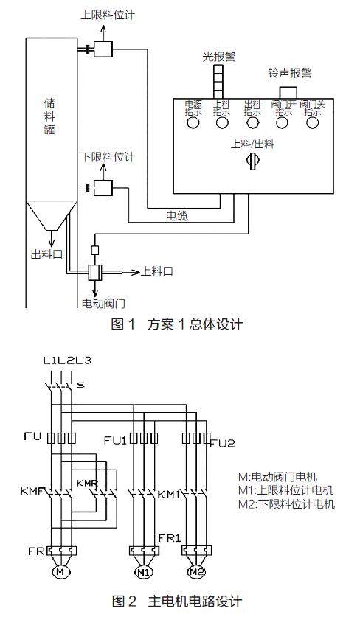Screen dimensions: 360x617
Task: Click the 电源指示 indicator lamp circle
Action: coord(193,123)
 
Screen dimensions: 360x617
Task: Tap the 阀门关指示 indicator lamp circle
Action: coord(312,123)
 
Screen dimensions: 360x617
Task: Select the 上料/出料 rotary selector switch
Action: coord(252,161)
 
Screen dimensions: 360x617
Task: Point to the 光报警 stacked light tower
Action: coord(218,81)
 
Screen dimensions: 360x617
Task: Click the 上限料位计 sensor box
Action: coord(103,49)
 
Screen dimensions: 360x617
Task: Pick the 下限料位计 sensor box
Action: coord(103,188)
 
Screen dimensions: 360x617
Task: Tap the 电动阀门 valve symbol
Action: coord(94,272)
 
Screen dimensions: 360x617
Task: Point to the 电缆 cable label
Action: coord(177,215)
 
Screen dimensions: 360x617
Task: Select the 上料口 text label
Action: coord(156,271)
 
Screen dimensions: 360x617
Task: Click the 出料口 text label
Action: coord(46,254)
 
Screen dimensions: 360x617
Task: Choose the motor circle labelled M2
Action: coord(195,571)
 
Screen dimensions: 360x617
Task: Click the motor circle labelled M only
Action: coord(60,572)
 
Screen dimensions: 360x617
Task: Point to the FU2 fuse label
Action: coord(223,444)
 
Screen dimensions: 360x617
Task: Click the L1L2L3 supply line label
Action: coord(67,360)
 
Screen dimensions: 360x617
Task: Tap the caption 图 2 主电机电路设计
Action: coord(177,602)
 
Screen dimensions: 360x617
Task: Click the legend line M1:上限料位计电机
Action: coord(286,490)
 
